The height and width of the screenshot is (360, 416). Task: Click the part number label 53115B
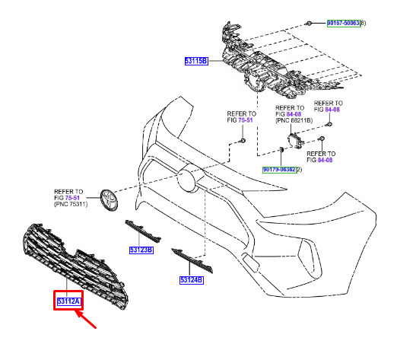[196, 61]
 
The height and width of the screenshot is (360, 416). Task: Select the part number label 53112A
[68, 301]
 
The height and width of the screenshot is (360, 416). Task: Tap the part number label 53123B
[141, 250]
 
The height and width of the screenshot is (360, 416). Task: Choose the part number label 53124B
[192, 280]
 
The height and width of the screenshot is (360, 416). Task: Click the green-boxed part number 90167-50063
[344, 24]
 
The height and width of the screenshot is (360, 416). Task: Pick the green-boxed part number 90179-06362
[280, 170]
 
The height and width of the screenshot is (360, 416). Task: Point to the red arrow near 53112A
[85, 320]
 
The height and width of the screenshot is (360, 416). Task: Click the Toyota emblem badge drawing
[109, 200]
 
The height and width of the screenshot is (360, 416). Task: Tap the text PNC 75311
[71, 204]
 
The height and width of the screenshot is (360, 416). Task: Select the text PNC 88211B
[294, 120]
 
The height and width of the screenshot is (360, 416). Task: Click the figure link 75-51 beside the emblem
[72, 198]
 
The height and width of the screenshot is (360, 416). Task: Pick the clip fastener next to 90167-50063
[309, 24]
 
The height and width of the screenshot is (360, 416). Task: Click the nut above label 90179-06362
[281, 149]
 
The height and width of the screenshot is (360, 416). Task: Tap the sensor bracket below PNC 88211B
[295, 141]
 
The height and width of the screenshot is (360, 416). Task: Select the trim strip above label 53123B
[143, 231]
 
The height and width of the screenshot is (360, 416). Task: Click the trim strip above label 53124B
[192, 260]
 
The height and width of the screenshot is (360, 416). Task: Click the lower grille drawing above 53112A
[75, 266]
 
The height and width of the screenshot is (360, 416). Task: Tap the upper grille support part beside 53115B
[276, 64]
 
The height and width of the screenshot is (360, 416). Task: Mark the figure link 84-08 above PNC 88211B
[294, 114]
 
